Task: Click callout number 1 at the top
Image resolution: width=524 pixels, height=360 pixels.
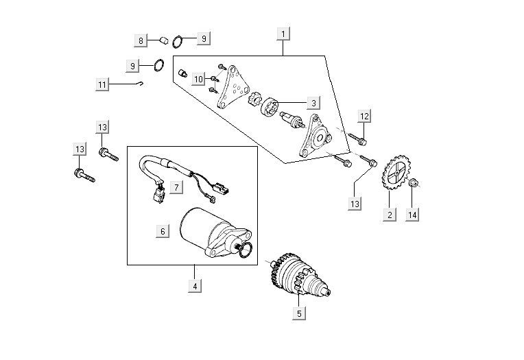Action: pyautogui.click(x=284, y=33)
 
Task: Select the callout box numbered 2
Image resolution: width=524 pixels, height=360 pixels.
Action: pyautogui.click(x=389, y=215)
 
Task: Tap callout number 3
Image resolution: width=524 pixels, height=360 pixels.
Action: pyautogui.click(x=313, y=103)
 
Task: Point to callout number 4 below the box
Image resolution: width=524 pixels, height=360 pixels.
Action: pyautogui.click(x=195, y=286)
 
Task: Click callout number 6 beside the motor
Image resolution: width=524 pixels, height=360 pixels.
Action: pyautogui.click(x=163, y=231)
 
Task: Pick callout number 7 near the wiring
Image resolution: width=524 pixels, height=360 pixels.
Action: pyautogui.click(x=176, y=187)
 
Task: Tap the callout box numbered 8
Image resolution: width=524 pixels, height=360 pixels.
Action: pyautogui.click(x=141, y=40)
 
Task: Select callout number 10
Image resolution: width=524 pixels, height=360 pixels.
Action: pyautogui.click(x=198, y=79)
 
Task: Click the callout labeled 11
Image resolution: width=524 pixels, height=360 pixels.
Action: pyautogui.click(x=102, y=85)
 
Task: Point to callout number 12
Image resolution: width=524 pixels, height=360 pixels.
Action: pyautogui.click(x=364, y=117)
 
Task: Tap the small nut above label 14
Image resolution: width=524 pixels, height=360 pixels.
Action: pyautogui.click(x=414, y=183)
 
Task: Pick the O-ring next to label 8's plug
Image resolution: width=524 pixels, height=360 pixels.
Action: pyautogui.click(x=177, y=40)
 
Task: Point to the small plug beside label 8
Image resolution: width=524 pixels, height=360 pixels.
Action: pyautogui.click(x=165, y=39)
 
